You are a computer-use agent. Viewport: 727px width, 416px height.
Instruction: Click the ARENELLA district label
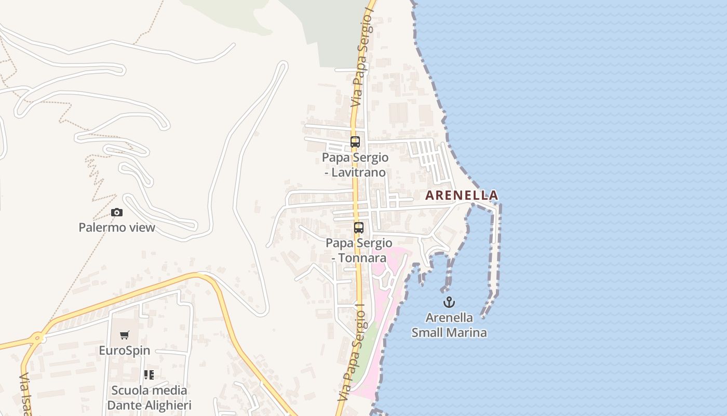click(x=461, y=196)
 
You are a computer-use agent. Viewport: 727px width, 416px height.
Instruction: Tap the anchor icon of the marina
click(x=449, y=302)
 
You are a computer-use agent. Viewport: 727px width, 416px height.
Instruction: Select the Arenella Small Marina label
click(x=449, y=325)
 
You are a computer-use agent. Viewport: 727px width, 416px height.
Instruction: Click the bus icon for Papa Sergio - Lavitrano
click(x=355, y=142)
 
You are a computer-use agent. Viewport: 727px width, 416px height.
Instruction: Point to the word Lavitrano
click(x=358, y=172)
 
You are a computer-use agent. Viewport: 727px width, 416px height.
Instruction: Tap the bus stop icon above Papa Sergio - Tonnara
click(x=359, y=227)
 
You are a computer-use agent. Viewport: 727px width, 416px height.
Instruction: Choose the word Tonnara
click(x=362, y=258)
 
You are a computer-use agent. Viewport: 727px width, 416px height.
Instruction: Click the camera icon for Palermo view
click(x=117, y=212)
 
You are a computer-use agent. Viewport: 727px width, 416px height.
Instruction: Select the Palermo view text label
click(x=117, y=227)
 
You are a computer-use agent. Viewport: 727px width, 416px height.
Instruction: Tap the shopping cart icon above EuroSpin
click(x=124, y=335)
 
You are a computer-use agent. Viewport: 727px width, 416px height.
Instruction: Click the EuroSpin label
click(x=125, y=350)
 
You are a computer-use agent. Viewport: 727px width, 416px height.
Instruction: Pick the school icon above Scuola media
click(x=149, y=375)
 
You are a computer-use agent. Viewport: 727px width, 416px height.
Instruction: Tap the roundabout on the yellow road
click(x=36, y=338)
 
